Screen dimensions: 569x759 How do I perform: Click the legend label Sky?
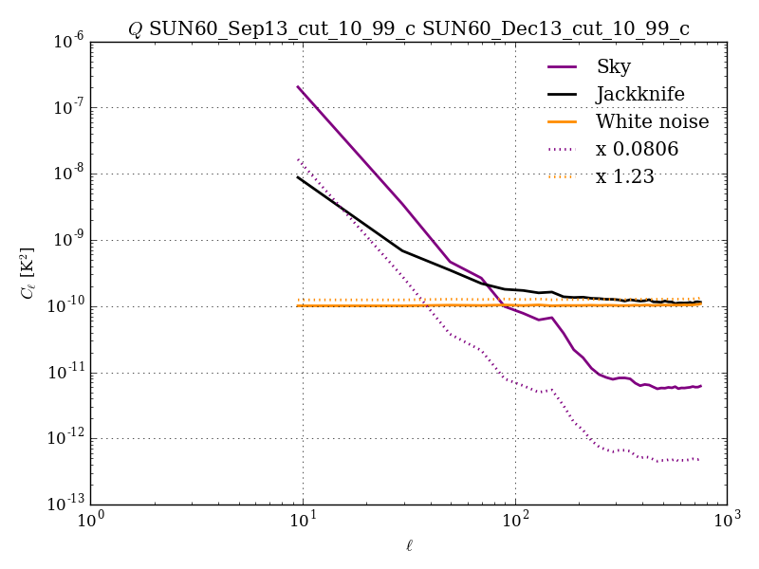613,66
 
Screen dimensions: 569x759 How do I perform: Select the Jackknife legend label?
639,94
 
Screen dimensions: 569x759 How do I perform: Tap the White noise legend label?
652,121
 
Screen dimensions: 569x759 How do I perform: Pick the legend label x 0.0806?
637,149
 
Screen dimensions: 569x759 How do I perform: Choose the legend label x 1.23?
624,176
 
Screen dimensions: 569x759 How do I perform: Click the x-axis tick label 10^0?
91,522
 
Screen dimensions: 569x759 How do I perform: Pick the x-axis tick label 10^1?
303,522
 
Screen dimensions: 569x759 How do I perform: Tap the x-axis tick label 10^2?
515,522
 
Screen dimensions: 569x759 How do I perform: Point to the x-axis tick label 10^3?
727,522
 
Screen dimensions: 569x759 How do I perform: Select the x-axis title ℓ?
409,545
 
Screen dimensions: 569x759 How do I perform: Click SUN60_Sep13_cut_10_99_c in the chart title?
282,29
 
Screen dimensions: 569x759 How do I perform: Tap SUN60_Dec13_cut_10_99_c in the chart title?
556,29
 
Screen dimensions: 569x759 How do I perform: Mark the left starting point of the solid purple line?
298,86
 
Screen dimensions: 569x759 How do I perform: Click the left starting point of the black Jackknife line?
298,176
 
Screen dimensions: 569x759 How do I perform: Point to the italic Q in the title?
135,29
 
